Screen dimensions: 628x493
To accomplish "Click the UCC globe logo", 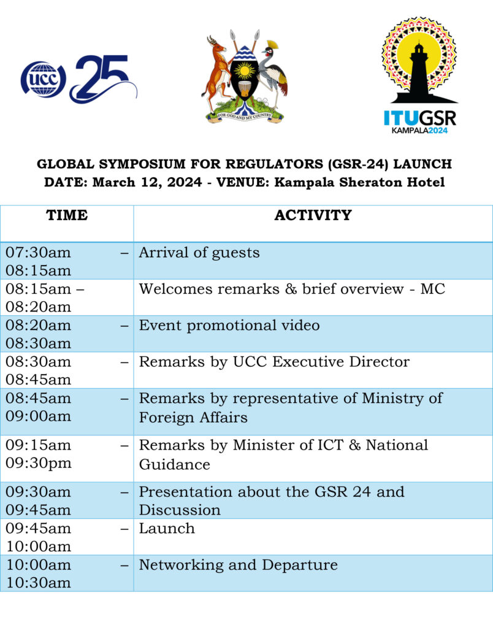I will tap(43, 79).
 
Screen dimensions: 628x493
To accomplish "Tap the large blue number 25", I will tap(102, 78).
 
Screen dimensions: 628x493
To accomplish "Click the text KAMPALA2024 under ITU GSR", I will tap(419, 130).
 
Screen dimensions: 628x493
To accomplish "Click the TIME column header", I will tap(67, 216).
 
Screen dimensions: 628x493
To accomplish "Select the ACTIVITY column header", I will tap(313, 216).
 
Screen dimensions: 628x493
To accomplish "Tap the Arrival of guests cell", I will tap(199, 253).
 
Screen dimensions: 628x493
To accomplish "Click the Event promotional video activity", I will tap(229, 325).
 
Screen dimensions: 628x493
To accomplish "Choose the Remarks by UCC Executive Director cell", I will tap(273, 362).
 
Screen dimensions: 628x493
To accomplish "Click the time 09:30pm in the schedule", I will tap(38, 464).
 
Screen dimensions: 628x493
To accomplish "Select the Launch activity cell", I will tap(167, 529).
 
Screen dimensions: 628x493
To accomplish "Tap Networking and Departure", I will tap(238, 565).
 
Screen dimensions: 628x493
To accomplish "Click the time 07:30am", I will tap(38, 253).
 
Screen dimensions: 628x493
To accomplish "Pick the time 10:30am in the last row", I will tap(38, 583).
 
